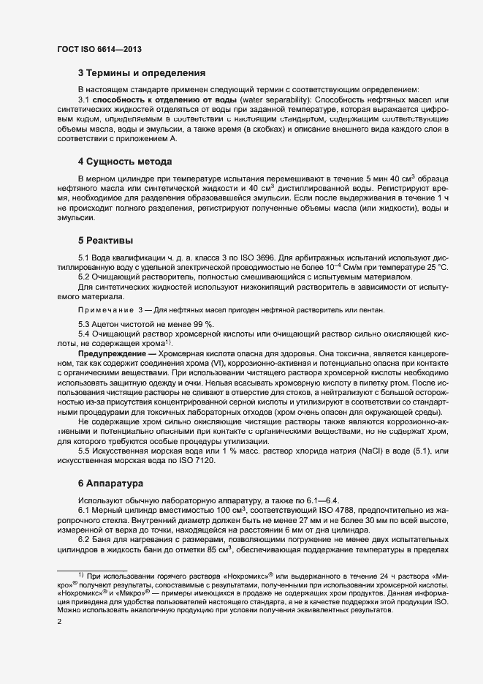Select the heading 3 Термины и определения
coord(141,73)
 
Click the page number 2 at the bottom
coord(59,621)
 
